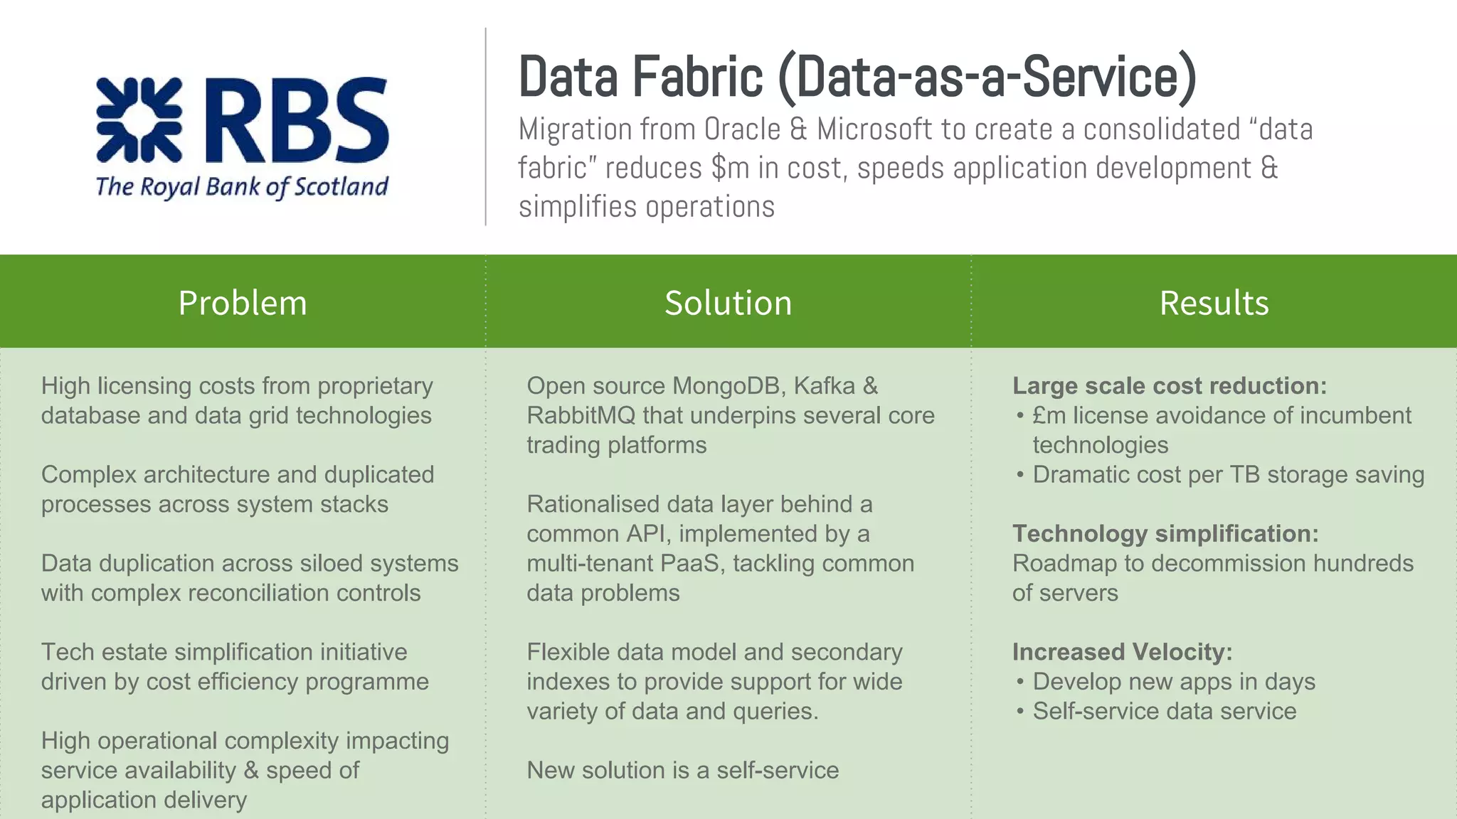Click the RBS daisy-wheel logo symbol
click(139, 119)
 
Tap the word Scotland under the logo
click(341, 187)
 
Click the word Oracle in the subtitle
click(742, 129)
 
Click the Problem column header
click(243, 303)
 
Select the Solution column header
click(728, 303)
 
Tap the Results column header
click(1214, 303)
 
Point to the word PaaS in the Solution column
click(689, 564)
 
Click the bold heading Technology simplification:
click(1165, 534)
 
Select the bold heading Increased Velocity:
click(1122, 652)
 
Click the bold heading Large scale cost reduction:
click(1170, 386)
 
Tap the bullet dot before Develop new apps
click(1020, 682)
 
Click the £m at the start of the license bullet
click(1049, 416)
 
